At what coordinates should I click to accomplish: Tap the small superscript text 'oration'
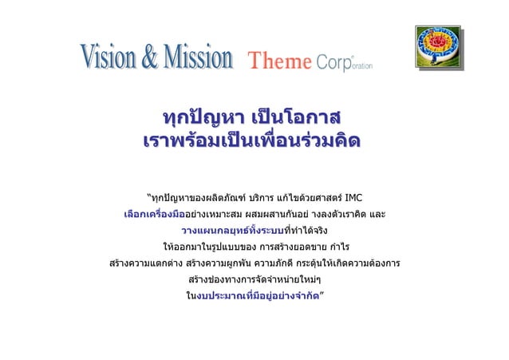coord(361,65)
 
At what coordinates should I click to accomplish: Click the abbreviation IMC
coord(355,196)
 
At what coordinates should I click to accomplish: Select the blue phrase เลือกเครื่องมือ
coord(154,214)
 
